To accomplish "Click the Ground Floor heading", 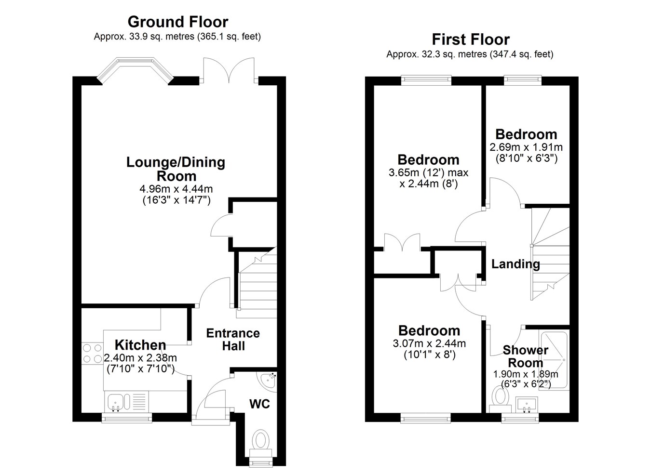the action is tap(178, 22).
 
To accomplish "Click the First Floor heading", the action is tap(471, 39).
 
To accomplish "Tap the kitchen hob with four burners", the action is tap(93, 354).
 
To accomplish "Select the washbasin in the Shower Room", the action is tap(527, 405).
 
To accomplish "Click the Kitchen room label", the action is tap(140, 345).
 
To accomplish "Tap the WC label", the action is tap(259, 404).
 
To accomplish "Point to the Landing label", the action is tap(515, 264).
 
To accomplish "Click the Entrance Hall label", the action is tap(233, 340).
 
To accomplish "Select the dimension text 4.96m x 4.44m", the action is tap(176, 189).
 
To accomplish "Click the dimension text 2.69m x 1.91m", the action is tap(526, 147).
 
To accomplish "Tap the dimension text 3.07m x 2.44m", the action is tap(429, 343).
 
